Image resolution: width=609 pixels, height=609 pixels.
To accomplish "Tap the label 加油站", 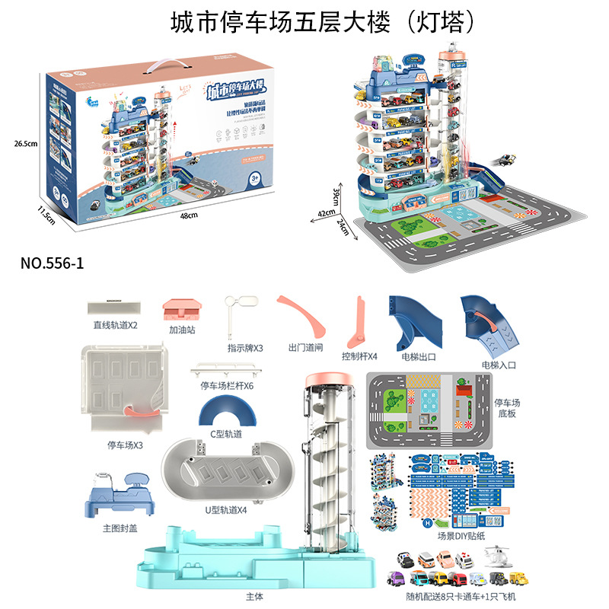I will (x=183, y=332).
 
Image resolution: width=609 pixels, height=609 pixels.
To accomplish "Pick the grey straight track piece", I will (x=114, y=308).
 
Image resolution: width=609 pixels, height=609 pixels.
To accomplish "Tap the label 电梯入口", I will (x=500, y=365).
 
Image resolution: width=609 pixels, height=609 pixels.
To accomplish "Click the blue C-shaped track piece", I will (x=226, y=414).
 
